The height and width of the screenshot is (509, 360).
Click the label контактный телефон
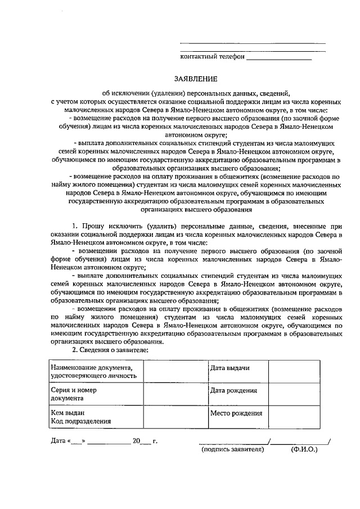(x=212, y=57)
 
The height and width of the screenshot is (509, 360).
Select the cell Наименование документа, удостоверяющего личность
(x=95, y=371)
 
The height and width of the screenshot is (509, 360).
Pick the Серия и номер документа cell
(x=95, y=394)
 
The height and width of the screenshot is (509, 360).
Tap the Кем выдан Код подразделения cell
(x=95, y=416)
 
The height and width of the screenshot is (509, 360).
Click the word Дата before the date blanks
(x=58, y=441)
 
